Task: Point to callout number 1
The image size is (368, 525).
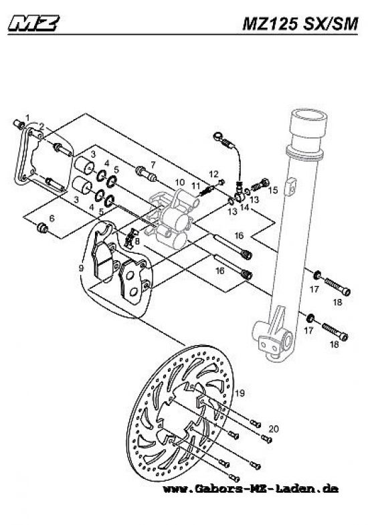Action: pos(27,118)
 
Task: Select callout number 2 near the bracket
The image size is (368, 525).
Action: pos(41,126)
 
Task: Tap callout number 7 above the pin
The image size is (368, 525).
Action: pos(153,164)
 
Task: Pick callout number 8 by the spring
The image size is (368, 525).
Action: pos(137,241)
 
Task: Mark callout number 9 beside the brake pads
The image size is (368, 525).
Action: pos(80,268)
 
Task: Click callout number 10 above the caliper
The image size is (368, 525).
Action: pos(179,183)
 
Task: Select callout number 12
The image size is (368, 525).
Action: pos(215,174)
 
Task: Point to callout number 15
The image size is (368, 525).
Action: pos(273,191)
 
